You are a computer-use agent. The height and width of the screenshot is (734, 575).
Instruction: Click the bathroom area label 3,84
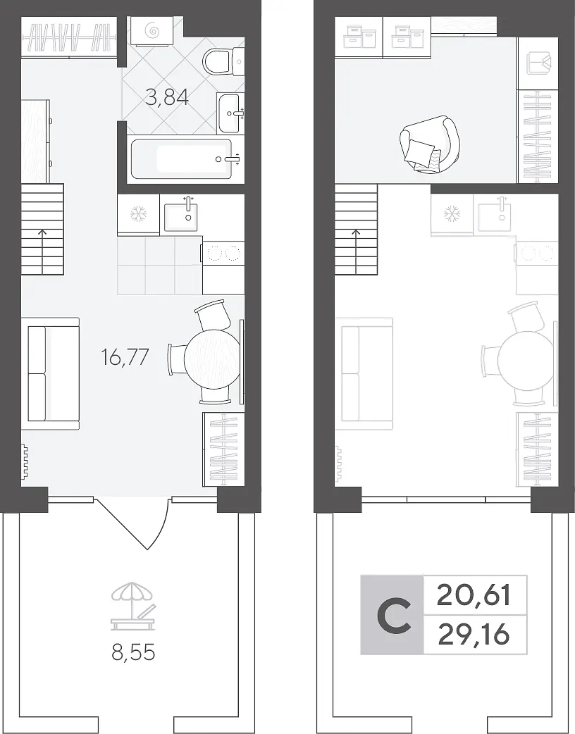167,98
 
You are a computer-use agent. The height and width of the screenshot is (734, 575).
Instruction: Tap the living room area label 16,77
125,357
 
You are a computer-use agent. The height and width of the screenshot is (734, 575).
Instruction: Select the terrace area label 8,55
133,652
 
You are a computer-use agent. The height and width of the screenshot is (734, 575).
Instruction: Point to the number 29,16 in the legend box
473,635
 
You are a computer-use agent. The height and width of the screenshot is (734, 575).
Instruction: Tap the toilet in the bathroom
223,61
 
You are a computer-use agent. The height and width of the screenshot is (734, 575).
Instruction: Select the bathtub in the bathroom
182,158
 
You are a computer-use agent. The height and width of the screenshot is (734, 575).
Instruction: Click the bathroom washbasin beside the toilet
230,113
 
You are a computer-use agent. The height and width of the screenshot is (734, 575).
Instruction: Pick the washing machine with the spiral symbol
153,32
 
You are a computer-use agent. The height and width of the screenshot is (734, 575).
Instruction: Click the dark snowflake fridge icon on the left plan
139,215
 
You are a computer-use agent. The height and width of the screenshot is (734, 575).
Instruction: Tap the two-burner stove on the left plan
223,254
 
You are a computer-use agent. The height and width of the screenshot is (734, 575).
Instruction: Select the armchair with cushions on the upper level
428,144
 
